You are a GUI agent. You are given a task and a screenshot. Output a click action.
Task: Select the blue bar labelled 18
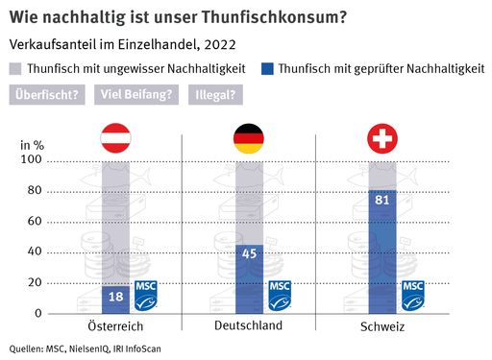tap(115, 300)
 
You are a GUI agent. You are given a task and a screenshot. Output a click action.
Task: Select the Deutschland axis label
tap(248, 326)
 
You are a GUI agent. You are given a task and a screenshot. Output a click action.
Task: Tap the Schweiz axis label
tap(381, 327)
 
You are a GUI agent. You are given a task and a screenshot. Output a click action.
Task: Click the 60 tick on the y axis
tap(35, 222)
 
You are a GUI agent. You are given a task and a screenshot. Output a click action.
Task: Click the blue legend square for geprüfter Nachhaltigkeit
tap(268, 68)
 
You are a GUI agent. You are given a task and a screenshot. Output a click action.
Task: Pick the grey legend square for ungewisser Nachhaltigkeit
tap(16, 68)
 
